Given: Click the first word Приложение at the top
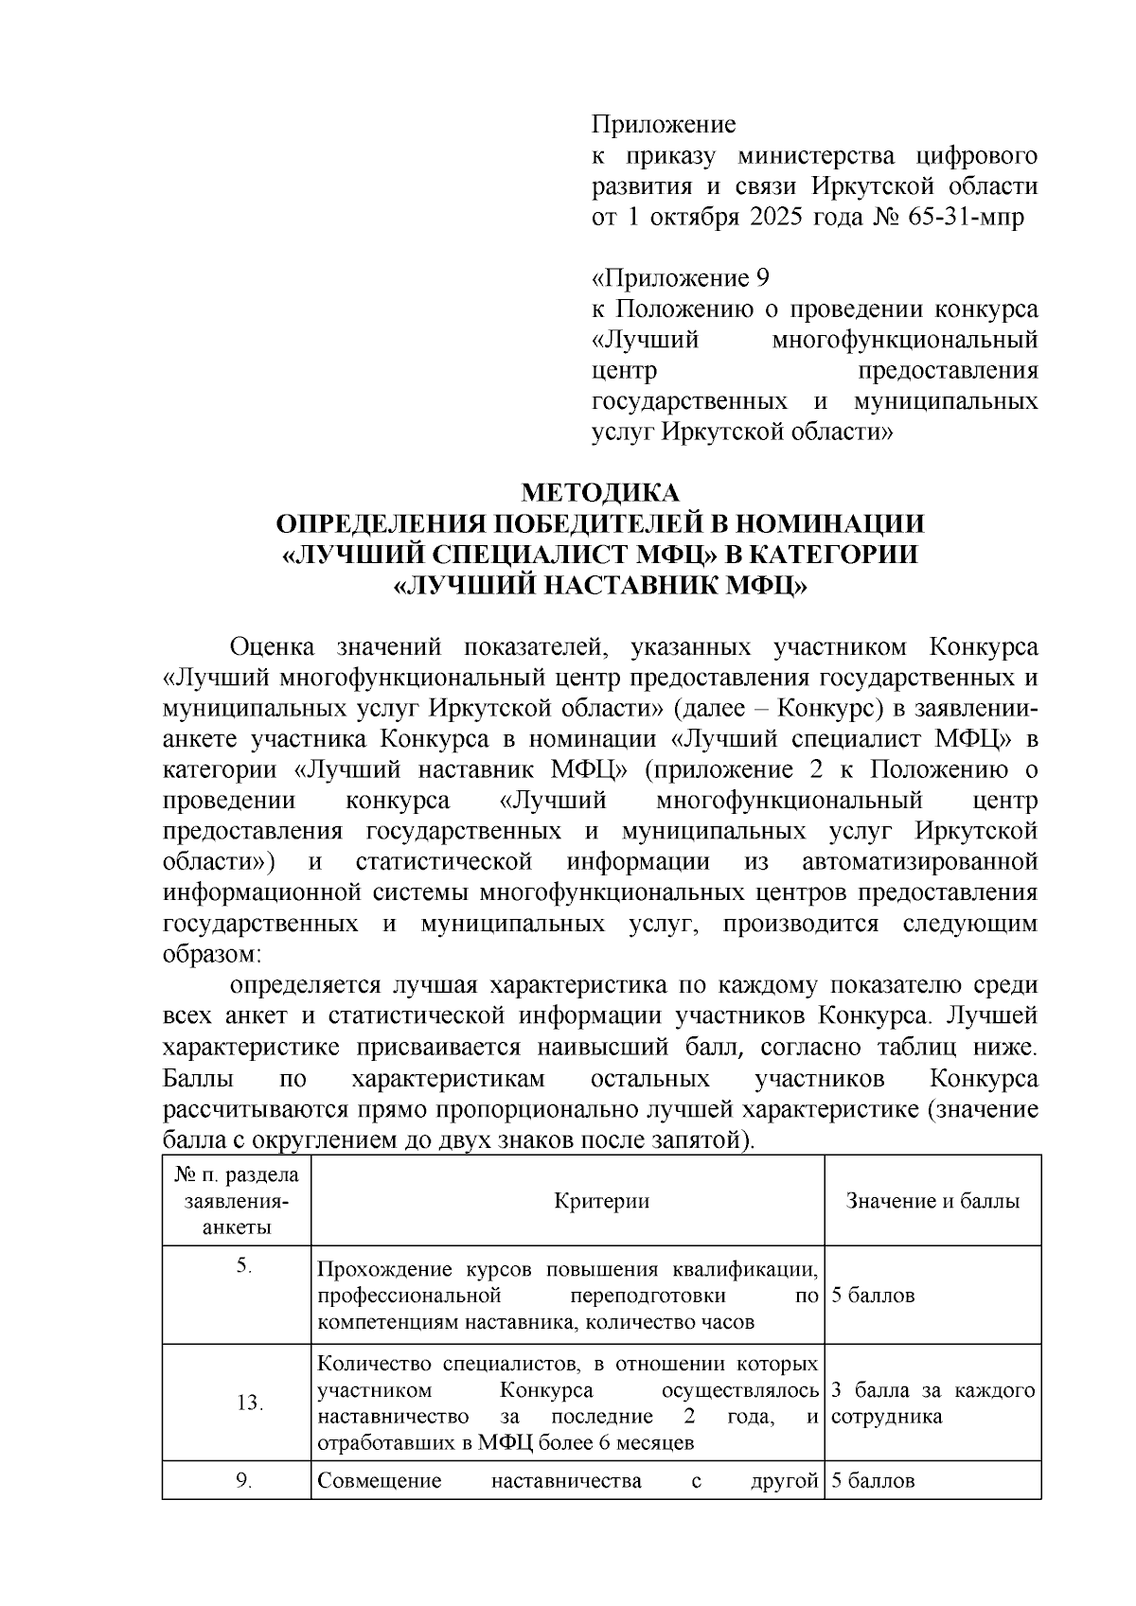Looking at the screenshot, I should (x=663, y=125).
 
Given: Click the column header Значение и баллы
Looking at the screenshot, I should (x=932, y=1201).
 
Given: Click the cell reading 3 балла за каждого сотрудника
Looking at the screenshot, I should (x=932, y=1403).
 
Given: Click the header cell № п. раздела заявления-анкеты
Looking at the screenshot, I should (x=237, y=1201).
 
